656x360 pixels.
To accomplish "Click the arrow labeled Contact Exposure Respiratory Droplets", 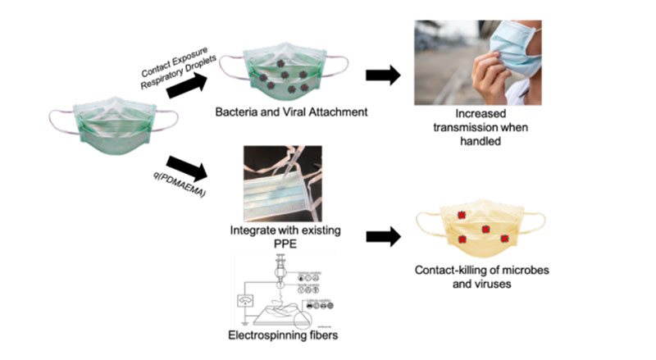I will coord(188,81).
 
